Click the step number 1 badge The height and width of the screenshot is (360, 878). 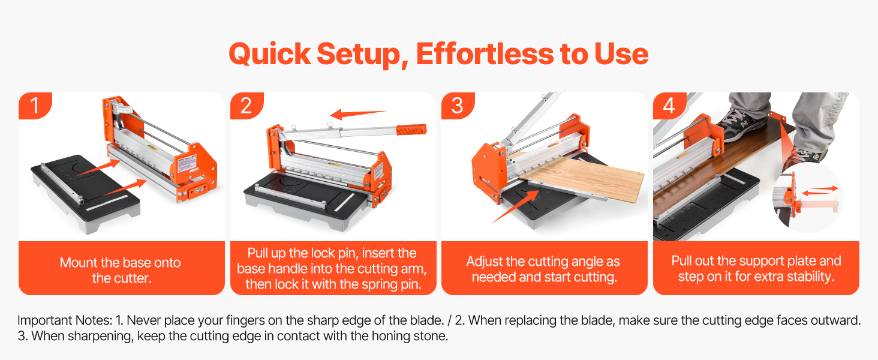pyautogui.click(x=35, y=106)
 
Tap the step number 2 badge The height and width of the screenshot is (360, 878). pyautogui.click(x=246, y=106)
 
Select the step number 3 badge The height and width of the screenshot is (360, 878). pyautogui.click(x=458, y=106)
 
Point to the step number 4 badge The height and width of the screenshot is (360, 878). pyautogui.click(x=669, y=106)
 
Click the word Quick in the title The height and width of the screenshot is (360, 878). pyautogui.click(x=270, y=55)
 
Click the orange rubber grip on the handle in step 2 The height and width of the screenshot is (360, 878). pyautogui.click(x=411, y=129)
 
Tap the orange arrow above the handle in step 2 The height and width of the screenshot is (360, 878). pyautogui.click(x=358, y=114)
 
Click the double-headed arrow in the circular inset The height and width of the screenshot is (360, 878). pyautogui.click(x=820, y=191)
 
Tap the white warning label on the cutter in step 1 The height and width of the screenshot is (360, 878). pyautogui.click(x=187, y=164)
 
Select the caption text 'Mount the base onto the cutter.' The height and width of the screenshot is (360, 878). pyautogui.click(x=121, y=270)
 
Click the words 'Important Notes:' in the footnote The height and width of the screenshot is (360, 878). pyautogui.click(x=65, y=320)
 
